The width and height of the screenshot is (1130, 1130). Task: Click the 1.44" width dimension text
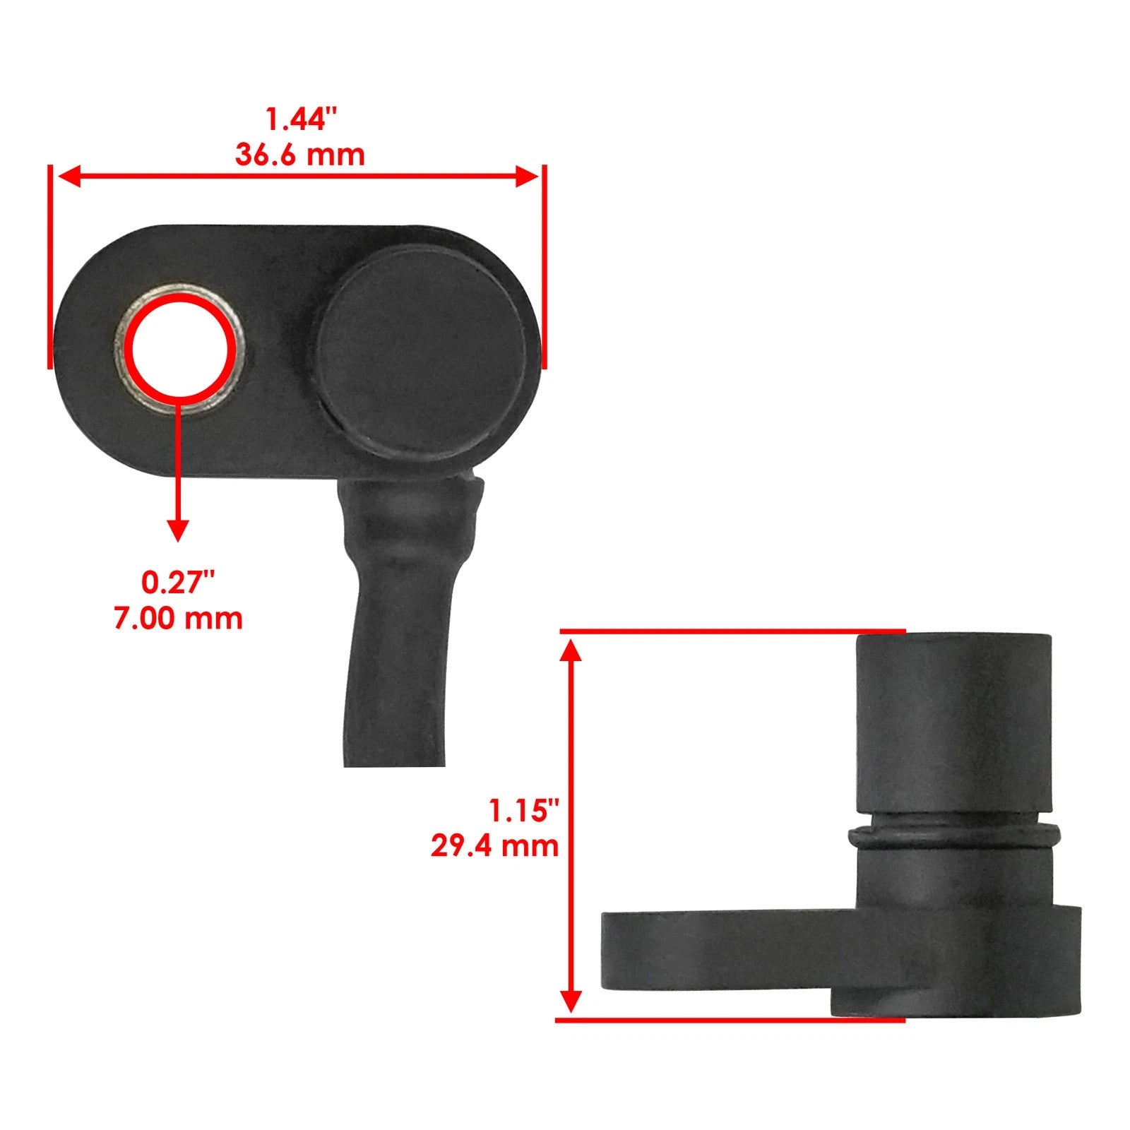pos(296,119)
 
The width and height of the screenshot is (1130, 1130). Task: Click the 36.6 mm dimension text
pos(299,155)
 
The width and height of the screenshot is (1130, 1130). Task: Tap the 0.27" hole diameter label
pos(177,583)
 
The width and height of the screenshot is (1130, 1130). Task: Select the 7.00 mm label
pos(178,618)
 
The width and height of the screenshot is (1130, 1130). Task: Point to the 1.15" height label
pos(524,810)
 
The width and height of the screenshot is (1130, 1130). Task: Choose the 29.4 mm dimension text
pos(494,845)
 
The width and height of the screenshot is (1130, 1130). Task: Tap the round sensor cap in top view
pos(422,351)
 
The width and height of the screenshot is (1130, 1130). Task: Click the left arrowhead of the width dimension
pos(67,177)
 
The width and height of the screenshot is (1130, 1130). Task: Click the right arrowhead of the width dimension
pos(528,177)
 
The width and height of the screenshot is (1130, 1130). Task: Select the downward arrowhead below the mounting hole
pos(178,530)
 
